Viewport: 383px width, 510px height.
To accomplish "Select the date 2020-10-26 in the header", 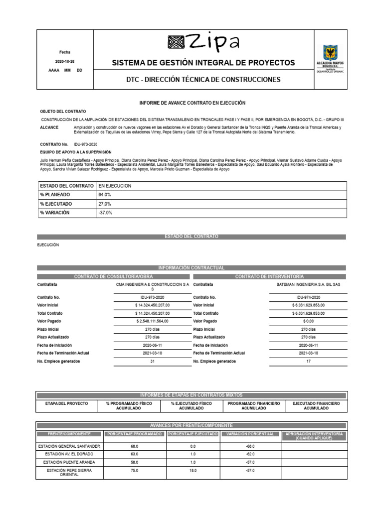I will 65,61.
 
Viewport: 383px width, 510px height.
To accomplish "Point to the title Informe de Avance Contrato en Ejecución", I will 192,103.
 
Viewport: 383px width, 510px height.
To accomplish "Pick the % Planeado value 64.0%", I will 105,195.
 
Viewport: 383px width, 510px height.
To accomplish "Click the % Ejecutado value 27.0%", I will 105,204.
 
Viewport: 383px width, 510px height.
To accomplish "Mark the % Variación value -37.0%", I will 106,213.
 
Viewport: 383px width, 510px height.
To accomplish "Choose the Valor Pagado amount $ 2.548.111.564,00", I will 152,321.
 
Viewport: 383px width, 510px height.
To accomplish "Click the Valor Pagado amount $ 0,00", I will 308,321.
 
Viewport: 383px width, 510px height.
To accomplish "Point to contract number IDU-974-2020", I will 308,297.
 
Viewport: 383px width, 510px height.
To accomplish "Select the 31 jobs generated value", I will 152,361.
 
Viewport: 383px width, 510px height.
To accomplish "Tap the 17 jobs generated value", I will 308,361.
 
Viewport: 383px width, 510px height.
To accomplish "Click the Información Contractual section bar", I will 191,268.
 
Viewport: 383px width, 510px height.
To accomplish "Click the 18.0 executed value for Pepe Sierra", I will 193,470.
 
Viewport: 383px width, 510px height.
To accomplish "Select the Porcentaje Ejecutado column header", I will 193,434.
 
